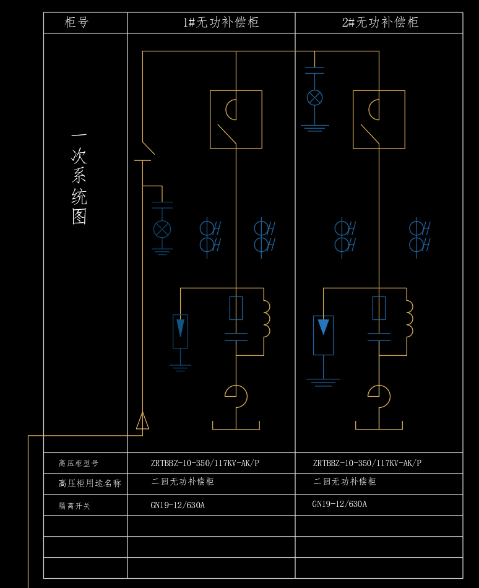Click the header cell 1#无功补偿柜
coord(220,23)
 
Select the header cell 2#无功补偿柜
coord(380,23)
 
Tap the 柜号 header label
coord(77,23)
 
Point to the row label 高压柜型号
coord(79,463)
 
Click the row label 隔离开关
coord(74,506)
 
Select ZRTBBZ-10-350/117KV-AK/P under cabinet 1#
coord(205,463)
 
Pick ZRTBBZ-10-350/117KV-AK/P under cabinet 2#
coord(367,463)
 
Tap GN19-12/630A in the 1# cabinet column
coord(178,505)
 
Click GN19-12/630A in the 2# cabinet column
coord(339,504)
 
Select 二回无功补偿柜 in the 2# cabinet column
coord(345,482)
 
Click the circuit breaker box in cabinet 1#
coord(236,119)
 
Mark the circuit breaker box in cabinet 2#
coord(379,119)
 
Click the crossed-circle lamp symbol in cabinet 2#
coord(315,97)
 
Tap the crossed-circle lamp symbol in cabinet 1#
coord(162,230)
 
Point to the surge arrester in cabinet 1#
coord(180,331)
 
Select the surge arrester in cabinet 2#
coord(323,335)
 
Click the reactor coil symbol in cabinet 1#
coord(266,319)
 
